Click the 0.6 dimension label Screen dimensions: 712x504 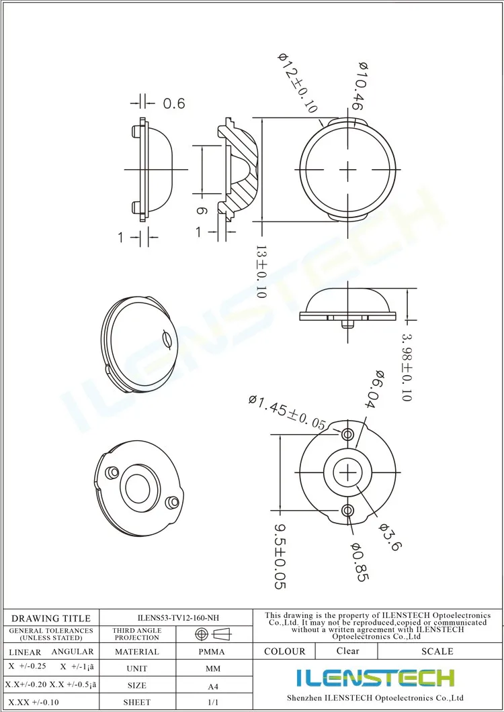173,103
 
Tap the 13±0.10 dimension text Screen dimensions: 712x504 261,271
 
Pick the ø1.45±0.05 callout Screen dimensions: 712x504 288,412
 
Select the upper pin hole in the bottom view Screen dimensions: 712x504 347,433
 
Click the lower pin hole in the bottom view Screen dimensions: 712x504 347,511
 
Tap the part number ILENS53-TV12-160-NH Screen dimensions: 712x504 176,617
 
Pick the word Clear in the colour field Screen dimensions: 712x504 348,651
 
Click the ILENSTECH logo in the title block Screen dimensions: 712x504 376,678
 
